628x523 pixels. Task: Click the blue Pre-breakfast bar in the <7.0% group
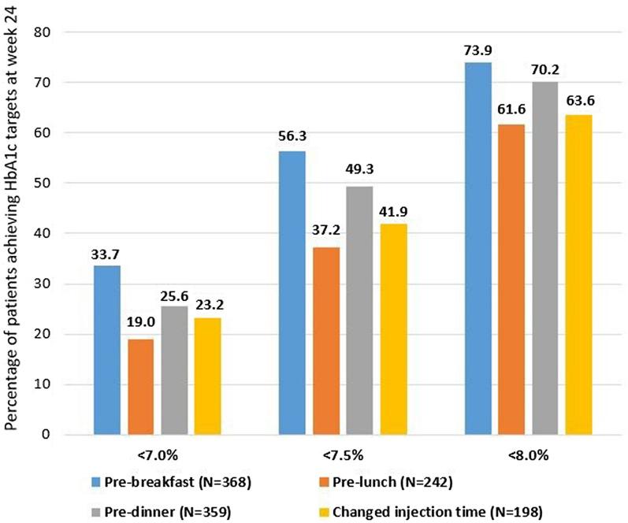(x=108, y=350)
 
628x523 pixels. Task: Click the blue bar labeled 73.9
(x=478, y=249)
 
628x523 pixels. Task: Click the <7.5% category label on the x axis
(x=340, y=456)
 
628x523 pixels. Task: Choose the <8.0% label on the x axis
(x=526, y=456)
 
